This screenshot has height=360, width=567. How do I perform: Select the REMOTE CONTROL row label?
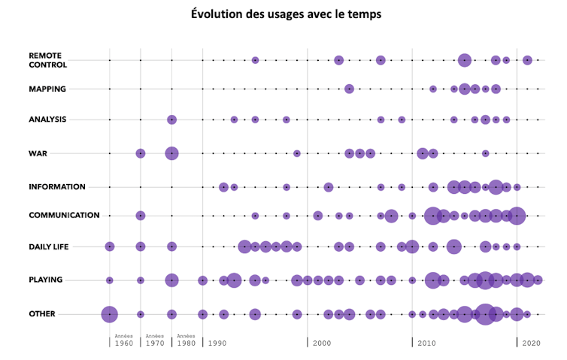coord(46,60)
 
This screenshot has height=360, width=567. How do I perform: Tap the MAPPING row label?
coord(47,89)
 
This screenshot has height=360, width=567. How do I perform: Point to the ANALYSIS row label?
coord(48,119)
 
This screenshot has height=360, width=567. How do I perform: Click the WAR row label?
coord(38,153)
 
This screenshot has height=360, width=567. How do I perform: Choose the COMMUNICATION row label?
coord(64,215)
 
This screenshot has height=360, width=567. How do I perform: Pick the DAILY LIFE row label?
coord(49,247)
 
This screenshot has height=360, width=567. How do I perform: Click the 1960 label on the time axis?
coord(124,343)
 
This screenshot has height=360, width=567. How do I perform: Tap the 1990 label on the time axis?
coord(217,343)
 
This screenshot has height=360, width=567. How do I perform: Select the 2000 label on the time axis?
coord(321,343)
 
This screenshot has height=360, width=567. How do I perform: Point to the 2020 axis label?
coord(532,343)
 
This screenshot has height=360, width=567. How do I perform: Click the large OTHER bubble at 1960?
coord(110,314)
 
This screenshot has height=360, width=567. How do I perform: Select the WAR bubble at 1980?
coord(171,153)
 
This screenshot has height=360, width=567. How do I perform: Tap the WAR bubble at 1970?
coord(141,153)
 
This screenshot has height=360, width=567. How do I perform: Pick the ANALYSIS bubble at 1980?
coord(171,119)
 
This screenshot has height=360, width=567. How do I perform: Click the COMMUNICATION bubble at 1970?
coord(141,216)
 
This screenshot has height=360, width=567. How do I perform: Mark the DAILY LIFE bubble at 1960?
coord(110,246)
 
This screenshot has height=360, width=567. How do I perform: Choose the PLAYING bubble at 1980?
coord(171,280)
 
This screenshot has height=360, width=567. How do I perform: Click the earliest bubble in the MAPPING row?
coord(349,89)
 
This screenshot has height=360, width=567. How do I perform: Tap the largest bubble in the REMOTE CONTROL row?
coord(465,60)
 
